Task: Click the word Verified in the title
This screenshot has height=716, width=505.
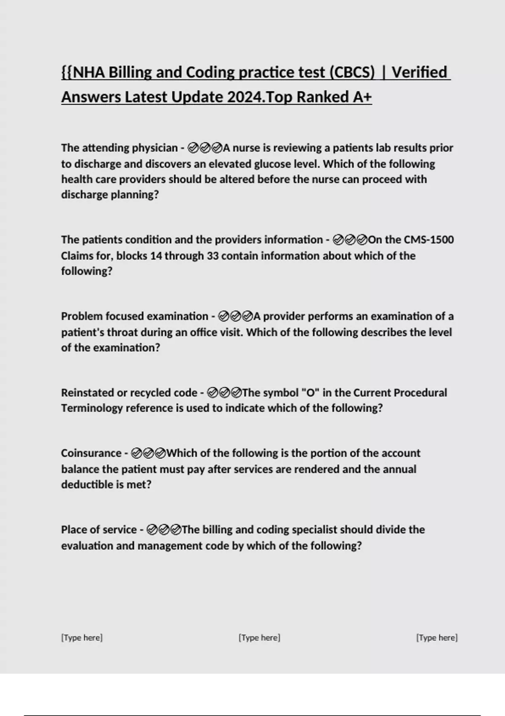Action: click(419, 72)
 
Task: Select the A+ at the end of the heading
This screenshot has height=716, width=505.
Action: click(362, 97)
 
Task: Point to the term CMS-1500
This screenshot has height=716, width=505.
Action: click(429, 240)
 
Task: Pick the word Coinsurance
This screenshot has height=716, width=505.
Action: click(91, 453)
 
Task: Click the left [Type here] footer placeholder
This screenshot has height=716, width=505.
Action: click(82, 638)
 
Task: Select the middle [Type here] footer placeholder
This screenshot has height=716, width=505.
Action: click(260, 638)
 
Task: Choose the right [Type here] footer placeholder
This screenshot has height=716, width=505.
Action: click(437, 638)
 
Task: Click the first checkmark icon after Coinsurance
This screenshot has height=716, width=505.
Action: click(136, 453)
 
